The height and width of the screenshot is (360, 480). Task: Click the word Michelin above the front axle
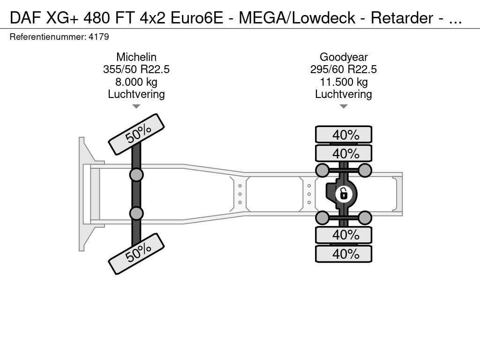(136, 57)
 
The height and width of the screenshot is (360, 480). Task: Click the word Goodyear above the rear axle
(343, 57)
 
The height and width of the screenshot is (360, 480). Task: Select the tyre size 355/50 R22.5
(136, 69)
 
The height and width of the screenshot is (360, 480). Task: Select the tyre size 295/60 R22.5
(343, 69)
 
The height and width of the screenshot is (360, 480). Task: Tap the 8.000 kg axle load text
(136, 82)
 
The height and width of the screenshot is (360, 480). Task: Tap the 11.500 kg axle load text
(343, 82)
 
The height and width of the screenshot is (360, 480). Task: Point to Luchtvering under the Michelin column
(136, 94)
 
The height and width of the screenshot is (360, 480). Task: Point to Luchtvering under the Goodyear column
(343, 94)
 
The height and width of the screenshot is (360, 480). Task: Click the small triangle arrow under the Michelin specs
(136, 106)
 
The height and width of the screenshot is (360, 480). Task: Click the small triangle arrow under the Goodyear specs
(343, 106)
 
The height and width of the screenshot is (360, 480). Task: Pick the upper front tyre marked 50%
(136, 134)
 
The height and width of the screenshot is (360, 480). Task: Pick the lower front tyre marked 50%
(136, 254)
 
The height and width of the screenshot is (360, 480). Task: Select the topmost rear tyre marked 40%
(344, 135)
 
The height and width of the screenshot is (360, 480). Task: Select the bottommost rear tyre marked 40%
(344, 254)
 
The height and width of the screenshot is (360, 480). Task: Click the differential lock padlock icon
(344, 193)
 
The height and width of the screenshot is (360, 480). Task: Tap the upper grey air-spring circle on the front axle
(136, 175)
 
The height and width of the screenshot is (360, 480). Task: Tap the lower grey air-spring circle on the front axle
(136, 213)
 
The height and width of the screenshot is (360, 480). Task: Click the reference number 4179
(99, 37)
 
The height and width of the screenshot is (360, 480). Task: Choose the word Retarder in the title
(402, 18)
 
